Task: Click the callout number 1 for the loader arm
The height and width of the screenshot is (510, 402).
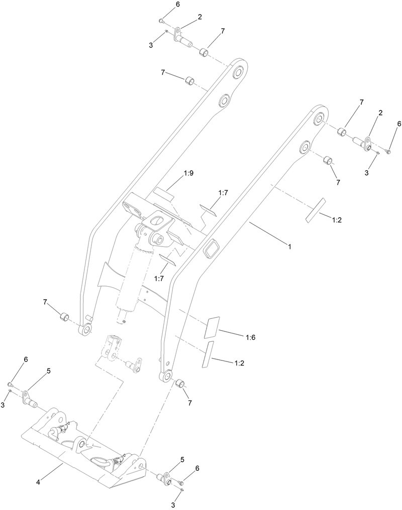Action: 289,246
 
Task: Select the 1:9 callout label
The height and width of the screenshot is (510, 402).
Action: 188,173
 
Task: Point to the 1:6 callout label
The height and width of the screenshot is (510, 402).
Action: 251,338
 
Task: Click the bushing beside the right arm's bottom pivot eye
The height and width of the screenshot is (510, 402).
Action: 179,385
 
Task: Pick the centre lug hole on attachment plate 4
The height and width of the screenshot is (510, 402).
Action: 80,444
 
